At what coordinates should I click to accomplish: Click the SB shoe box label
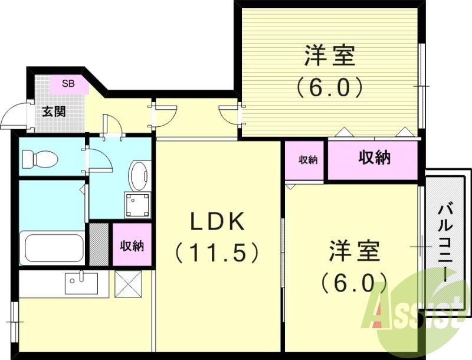(68, 83)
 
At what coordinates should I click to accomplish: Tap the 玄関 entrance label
(54, 110)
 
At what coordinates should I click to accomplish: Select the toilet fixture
(39, 158)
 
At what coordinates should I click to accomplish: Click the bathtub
(52, 247)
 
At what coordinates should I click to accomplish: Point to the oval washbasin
(139, 176)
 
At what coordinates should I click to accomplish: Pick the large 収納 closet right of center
(374, 158)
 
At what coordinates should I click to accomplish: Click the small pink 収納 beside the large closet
(304, 159)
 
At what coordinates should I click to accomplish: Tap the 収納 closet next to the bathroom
(132, 245)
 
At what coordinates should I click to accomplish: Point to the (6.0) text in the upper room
(330, 88)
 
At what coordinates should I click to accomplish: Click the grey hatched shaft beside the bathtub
(99, 244)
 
